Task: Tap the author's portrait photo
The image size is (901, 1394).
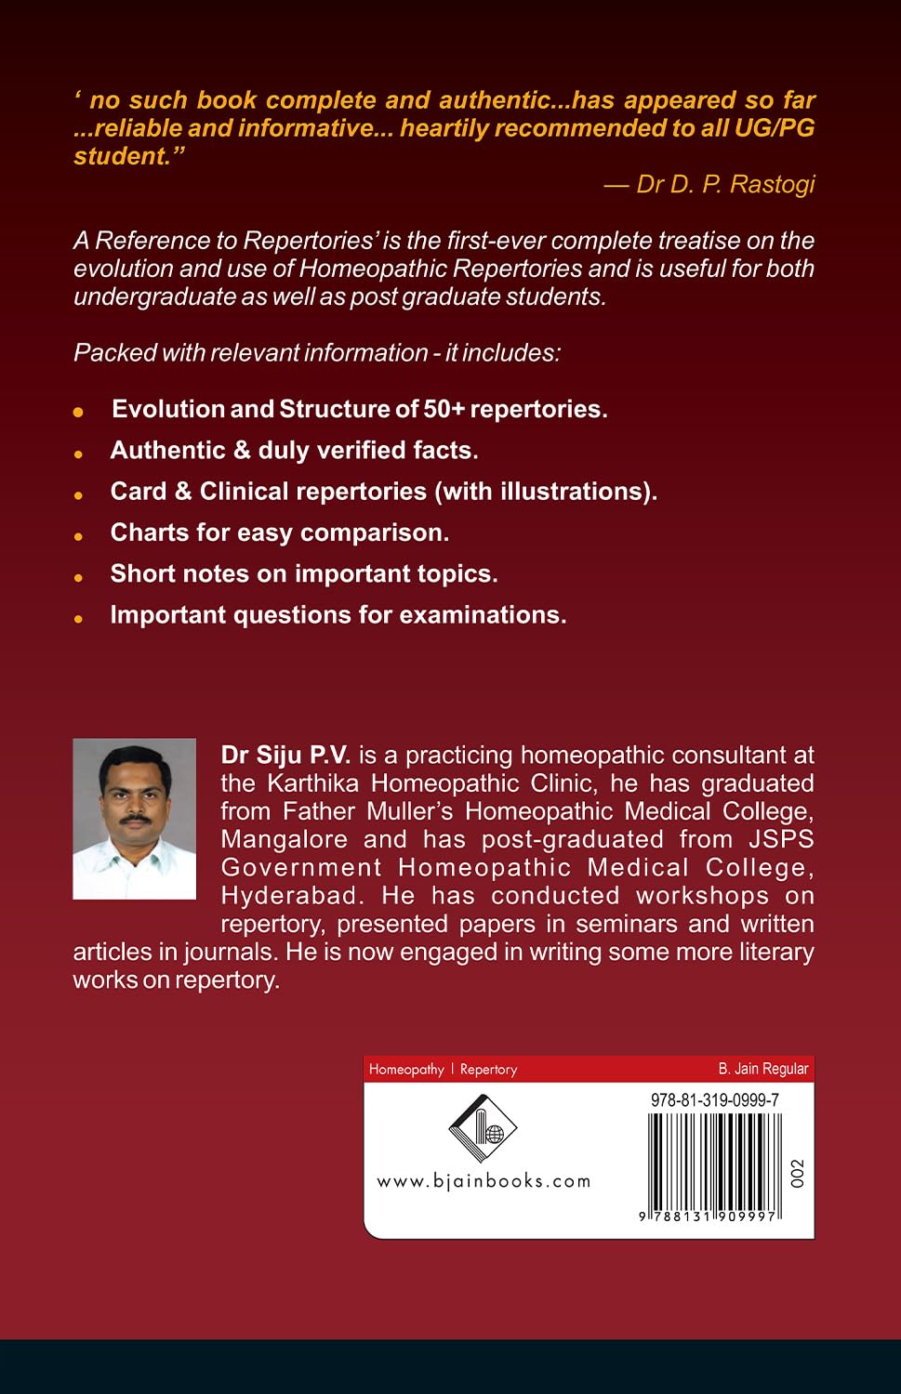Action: (x=134, y=818)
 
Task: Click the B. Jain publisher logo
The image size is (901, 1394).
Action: (x=482, y=1128)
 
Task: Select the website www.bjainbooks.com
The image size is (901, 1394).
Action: (x=484, y=1181)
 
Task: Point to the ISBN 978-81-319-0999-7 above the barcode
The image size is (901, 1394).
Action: (x=714, y=1100)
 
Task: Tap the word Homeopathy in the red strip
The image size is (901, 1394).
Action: (x=406, y=1070)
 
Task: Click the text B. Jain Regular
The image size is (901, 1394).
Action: (x=763, y=1069)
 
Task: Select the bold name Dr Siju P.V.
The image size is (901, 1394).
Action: (x=285, y=755)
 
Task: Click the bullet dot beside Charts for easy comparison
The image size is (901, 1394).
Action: (x=79, y=536)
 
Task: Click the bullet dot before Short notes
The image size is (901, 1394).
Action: (x=79, y=577)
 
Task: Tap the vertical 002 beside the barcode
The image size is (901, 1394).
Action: (x=796, y=1173)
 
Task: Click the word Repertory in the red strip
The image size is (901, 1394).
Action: (x=488, y=1070)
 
